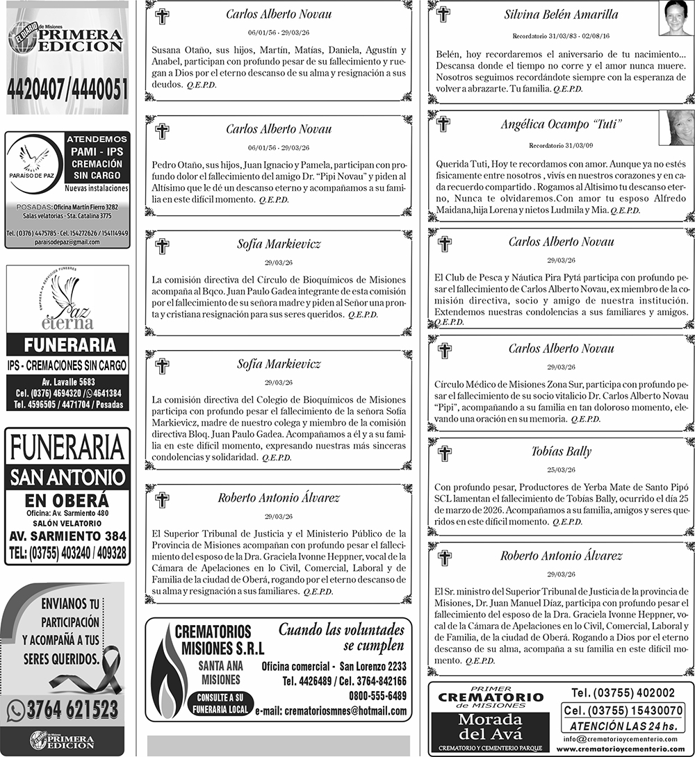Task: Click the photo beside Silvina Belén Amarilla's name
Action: coord(676,18)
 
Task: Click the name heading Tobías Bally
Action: coord(561,451)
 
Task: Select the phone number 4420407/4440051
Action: coord(67,89)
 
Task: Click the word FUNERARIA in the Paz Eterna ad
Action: coord(67,345)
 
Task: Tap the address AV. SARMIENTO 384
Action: coord(67,536)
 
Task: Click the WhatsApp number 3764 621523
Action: coord(72,709)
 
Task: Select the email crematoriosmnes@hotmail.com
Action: coord(331,711)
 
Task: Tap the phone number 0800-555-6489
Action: coord(378,695)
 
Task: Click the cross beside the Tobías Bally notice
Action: coord(445,454)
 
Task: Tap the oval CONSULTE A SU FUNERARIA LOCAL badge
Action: coord(220,703)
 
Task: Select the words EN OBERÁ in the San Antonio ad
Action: coord(67,500)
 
